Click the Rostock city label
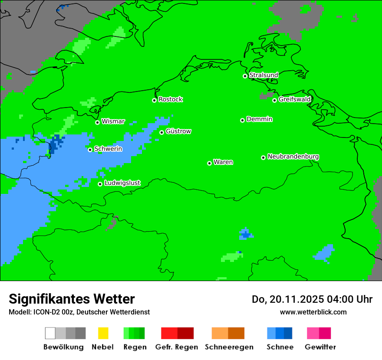170,99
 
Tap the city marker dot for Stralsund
245,76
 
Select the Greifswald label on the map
294,99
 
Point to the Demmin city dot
242,120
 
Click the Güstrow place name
178,131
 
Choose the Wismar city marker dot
97,122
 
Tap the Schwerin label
108,149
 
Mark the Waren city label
223,162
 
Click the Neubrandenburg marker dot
263,157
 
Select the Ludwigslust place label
122,183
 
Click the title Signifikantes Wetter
72,299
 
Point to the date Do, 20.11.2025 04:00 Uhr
312,299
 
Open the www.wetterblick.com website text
313,312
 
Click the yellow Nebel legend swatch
103,333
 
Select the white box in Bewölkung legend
50,333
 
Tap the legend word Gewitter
320,347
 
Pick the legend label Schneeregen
229,347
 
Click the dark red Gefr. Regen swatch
185,333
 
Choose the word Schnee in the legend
280,347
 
